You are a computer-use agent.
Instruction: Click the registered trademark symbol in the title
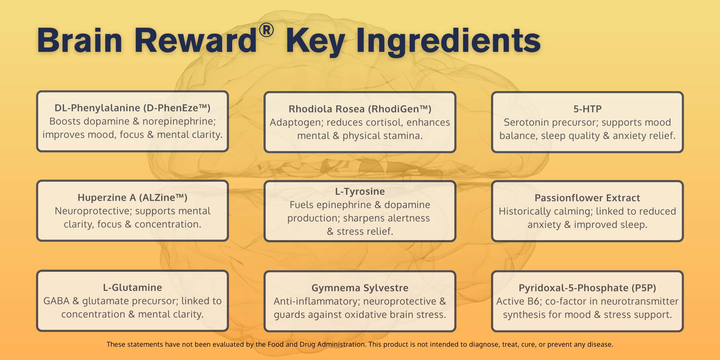266,30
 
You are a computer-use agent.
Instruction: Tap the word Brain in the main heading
80,40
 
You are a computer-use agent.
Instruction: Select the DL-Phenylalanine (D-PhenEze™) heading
132,108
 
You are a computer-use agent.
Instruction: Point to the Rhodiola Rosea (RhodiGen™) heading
360,109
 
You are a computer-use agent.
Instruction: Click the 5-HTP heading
588,109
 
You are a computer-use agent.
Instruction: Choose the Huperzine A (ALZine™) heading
132,198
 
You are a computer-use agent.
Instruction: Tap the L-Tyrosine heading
360,192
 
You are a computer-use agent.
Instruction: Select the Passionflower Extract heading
588,198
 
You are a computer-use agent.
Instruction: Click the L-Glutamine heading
132,288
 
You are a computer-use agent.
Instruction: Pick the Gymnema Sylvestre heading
360,288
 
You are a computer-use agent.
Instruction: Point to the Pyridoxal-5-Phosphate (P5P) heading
588,288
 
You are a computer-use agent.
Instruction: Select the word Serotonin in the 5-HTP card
527,122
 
